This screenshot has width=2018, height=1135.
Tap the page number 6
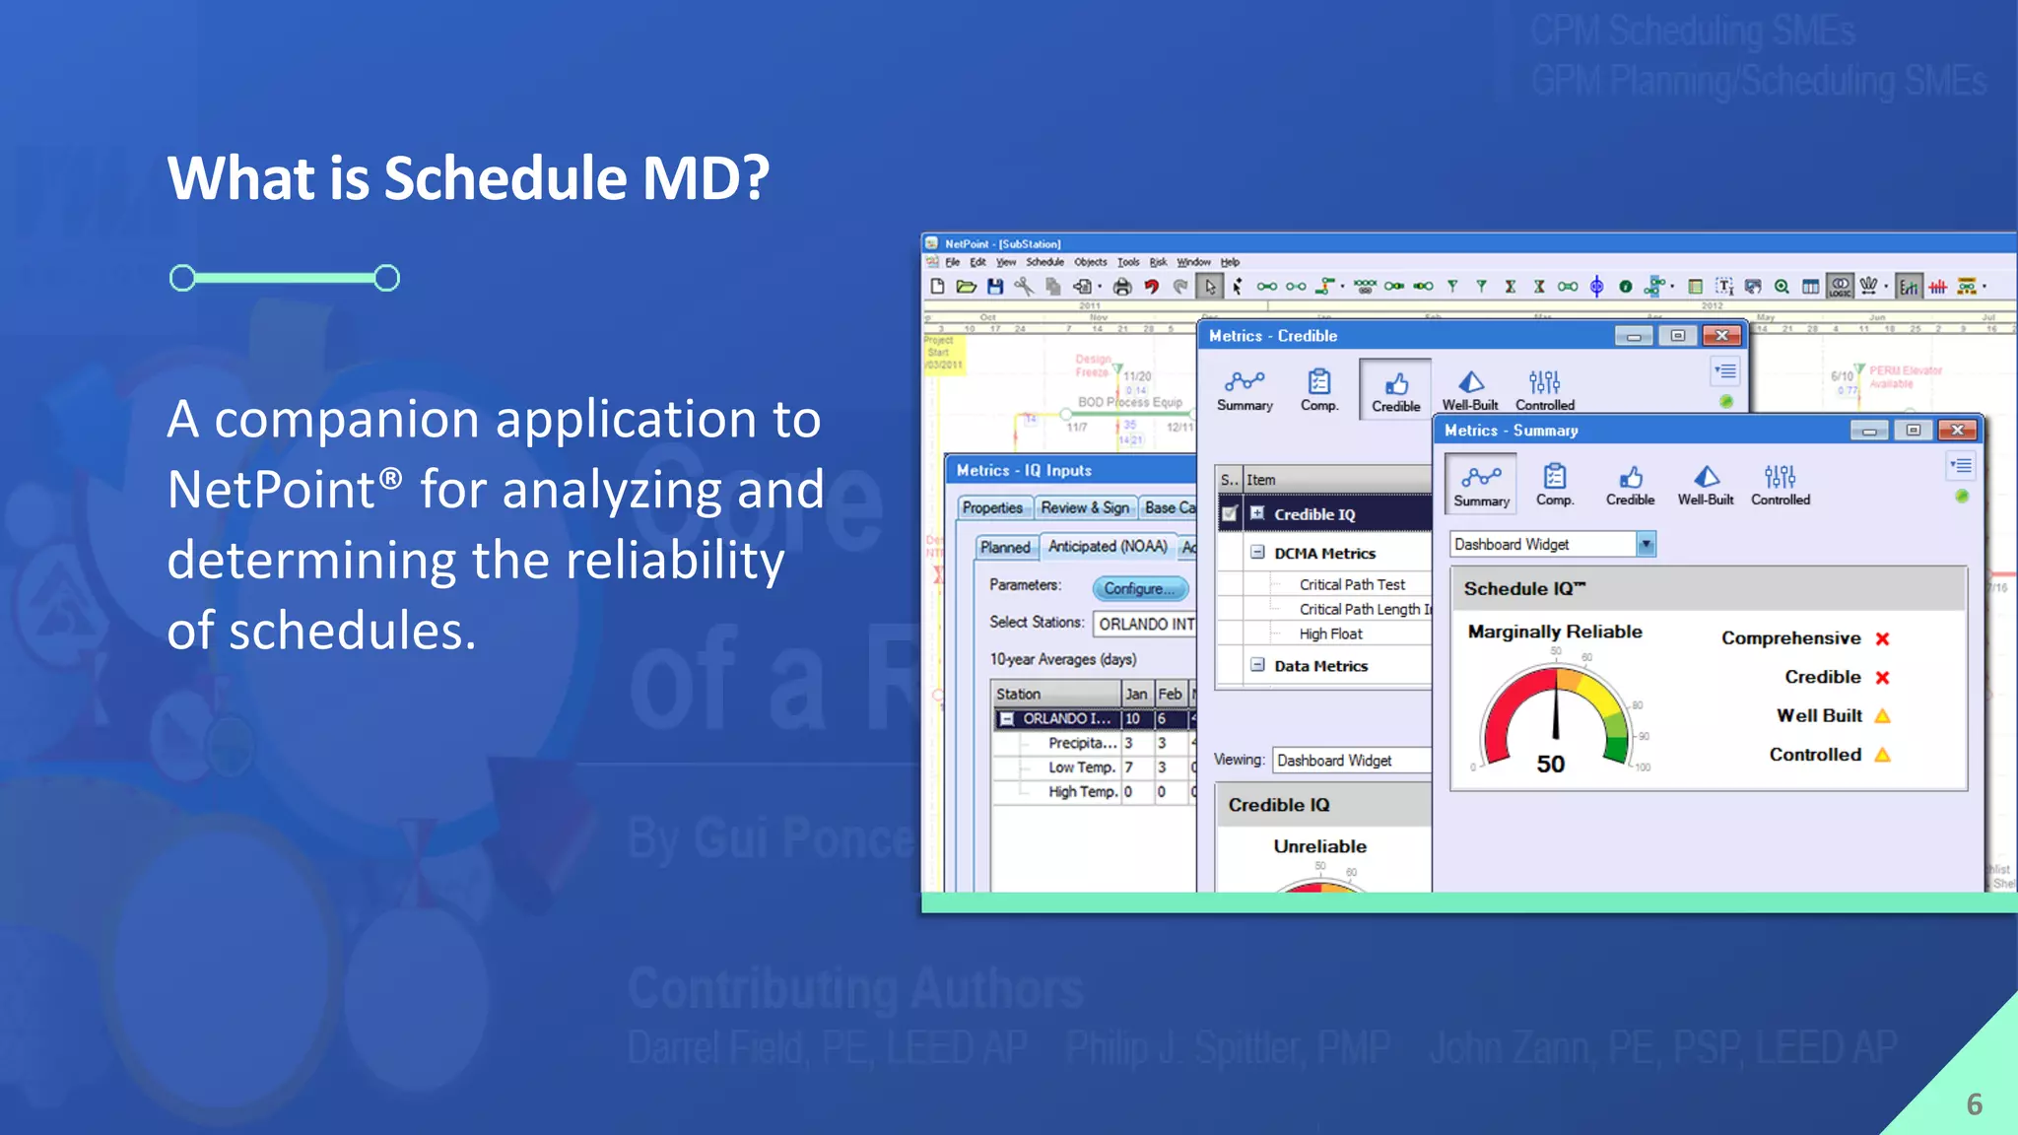(x=1974, y=1104)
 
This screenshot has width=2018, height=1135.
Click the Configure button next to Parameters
(x=1139, y=588)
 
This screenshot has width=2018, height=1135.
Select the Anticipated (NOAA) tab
(x=1107, y=546)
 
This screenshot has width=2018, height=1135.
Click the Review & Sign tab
(x=1084, y=507)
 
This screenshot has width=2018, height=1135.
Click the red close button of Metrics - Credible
(x=1721, y=336)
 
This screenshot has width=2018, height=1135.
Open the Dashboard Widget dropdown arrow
(x=1646, y=544)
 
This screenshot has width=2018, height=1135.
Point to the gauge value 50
(x=1550, y=765)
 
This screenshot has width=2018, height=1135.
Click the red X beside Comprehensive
(x=1882, y=638)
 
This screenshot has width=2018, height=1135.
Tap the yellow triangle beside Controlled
(x=1882, y=755)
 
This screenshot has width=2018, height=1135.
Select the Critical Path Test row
(x=1351, y=584)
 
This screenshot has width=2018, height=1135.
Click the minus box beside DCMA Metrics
(x=1257, y=553)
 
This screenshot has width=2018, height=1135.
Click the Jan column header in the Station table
(x=1136, y=694)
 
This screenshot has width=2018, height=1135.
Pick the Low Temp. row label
(x=1081, y=768)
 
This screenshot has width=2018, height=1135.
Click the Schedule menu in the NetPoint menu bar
(x=1044, y=262)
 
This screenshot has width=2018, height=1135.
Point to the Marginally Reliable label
(x=1554, y=632)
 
